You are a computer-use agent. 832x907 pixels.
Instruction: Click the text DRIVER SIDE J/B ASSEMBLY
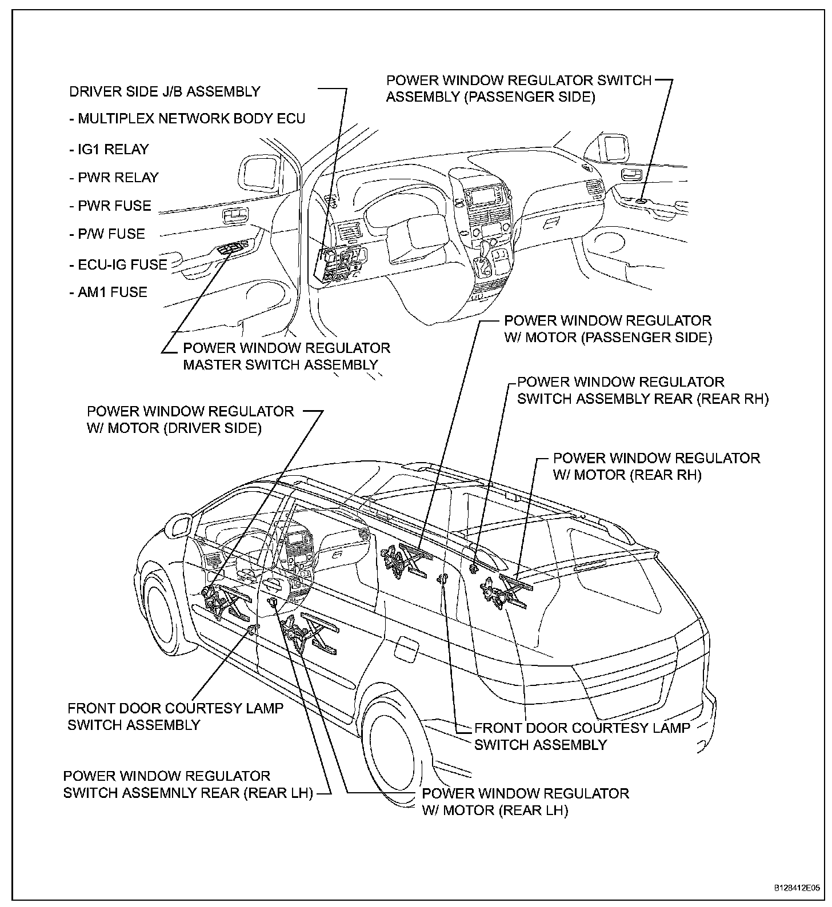(x=165, y=91)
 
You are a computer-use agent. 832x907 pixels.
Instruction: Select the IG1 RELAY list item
(x=109, y=150)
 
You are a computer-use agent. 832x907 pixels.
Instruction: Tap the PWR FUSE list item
(x=110, y=206)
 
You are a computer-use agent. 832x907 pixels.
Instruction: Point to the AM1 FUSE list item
(x=108, y=292)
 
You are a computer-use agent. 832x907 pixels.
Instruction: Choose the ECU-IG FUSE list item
(x=118, y=264)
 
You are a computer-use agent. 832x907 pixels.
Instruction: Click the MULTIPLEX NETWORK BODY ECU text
(x=187, y=119)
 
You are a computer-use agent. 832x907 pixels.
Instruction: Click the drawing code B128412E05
(x=797, y=889)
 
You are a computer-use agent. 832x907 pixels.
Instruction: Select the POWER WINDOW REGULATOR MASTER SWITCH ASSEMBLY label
(x=286, y=356)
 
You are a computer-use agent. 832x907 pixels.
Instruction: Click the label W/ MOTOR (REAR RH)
(x=627, y=475)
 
